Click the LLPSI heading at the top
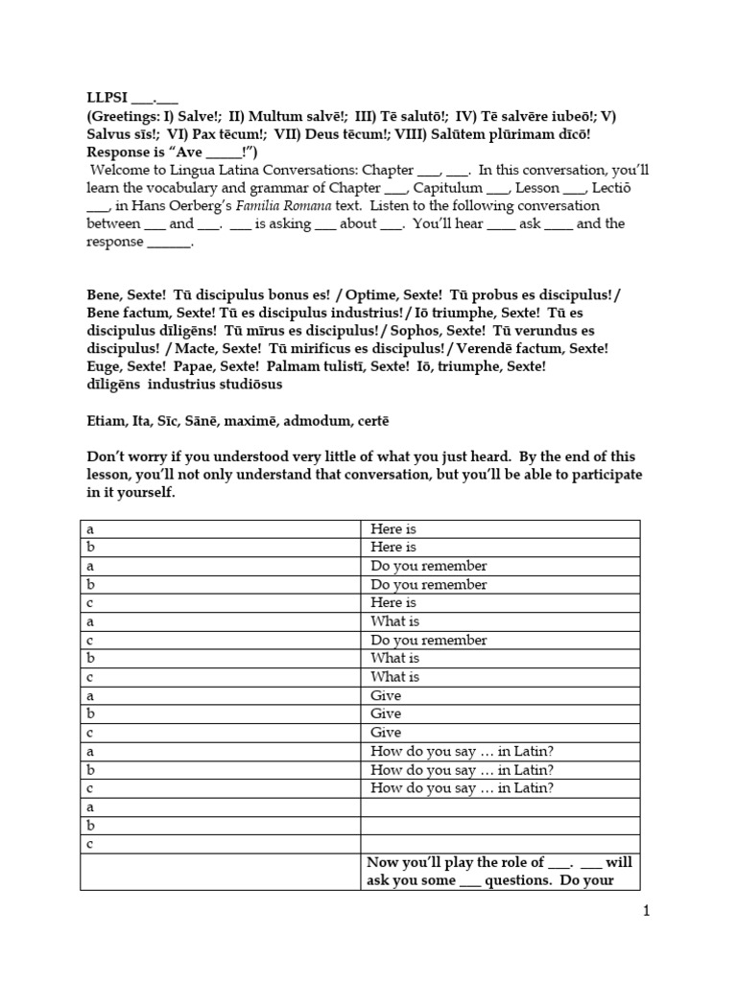107,97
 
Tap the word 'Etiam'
105,420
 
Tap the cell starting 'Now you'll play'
499,872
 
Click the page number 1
647,912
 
